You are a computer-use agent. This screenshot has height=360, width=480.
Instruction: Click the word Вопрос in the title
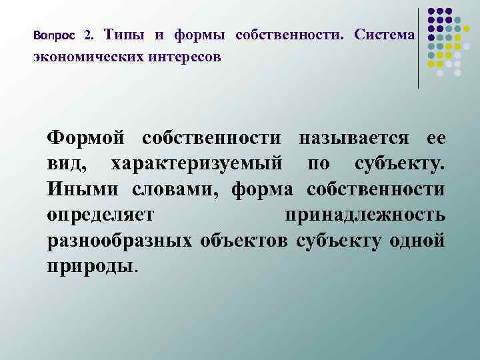(x=55, y=34)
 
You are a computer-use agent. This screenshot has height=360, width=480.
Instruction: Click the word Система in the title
(x=385, y=34)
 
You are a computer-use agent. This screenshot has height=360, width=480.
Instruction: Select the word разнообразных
(x=118, y=240)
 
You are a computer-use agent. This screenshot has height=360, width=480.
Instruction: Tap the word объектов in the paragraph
(x=242, y=240)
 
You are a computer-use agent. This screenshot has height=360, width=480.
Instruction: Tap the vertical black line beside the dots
(x=419, y=47)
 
